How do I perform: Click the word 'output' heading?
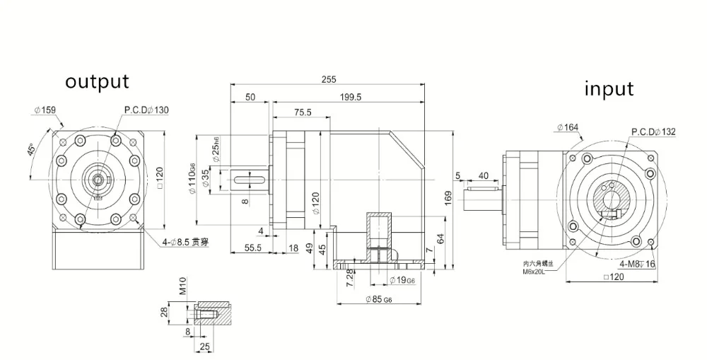[x=97, y=81]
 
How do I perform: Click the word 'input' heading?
[x=609, y=89]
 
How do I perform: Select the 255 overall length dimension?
[x=328, y=80]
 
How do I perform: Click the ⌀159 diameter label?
[x=45, y=110]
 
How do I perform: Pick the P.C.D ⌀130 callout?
[x=146, y=110]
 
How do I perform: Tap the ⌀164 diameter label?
[x=567, y=127]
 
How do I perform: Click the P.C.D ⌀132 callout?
[x=653, y=132]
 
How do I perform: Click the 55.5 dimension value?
[x=252, y=248]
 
